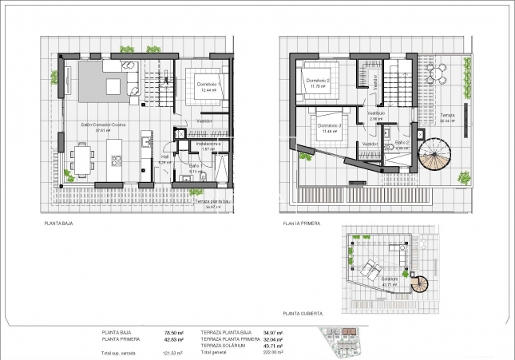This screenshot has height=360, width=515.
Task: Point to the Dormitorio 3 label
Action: tap(329, 126)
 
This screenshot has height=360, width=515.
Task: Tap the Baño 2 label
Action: tap(402, 142)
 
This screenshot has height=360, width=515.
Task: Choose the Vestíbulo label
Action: tap(375, 113)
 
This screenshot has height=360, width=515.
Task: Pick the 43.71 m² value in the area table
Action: tap(273, 345)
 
